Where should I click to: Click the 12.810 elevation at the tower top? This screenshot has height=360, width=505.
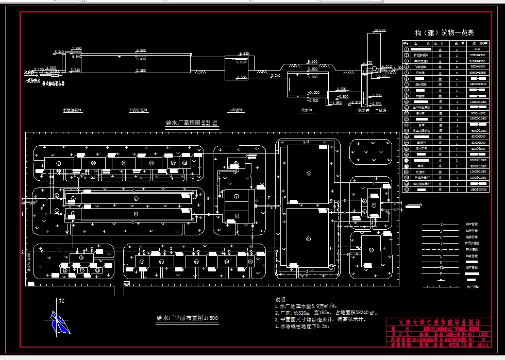380,30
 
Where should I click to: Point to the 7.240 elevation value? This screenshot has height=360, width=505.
77,48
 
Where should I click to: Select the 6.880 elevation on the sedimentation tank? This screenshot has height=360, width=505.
141,50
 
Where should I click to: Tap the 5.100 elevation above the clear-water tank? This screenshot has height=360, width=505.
312,62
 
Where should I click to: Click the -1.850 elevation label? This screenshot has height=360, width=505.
336,103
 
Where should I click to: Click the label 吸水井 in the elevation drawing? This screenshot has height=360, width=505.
364,110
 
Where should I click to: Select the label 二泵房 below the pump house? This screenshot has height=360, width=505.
381,110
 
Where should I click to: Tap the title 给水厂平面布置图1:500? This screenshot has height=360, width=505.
187,318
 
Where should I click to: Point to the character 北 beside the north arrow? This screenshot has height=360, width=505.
62,300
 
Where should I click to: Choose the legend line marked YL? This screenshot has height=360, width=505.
441,267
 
